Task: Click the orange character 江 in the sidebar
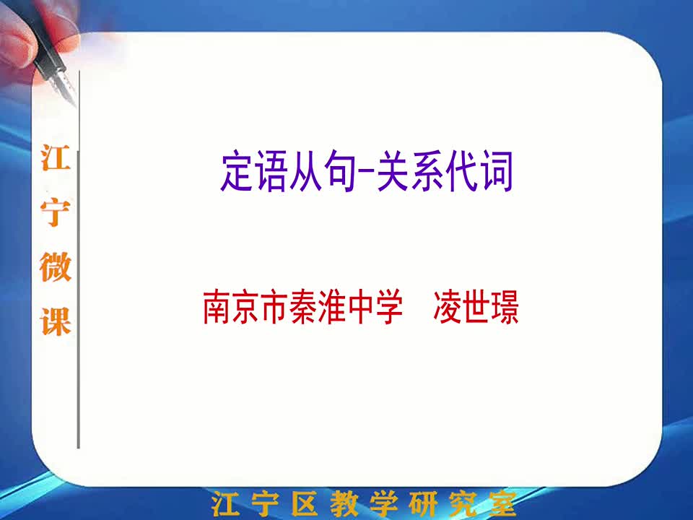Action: [56, 157]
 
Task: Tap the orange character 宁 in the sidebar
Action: [56, 212]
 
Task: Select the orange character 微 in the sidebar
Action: [56, 266]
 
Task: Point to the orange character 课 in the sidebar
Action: [56, 321]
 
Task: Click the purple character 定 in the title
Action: [238, 171]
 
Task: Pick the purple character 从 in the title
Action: [306, 171]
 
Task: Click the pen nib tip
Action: [75, 105]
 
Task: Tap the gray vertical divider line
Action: [79, 259]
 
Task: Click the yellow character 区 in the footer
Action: [304, 503]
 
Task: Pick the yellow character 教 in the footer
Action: [344, 503]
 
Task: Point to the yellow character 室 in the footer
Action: [502, 503]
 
